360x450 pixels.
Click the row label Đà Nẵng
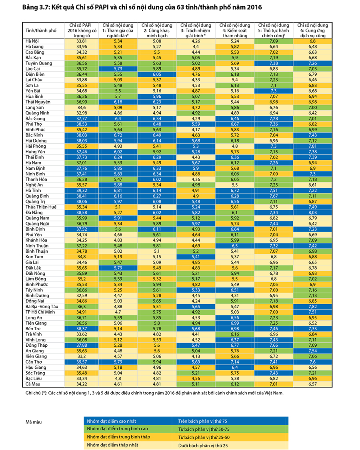point(34,213)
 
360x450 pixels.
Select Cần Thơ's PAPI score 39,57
point(82,362)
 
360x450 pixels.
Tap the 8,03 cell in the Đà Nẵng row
point(312,213)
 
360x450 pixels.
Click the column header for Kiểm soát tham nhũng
point(235,30)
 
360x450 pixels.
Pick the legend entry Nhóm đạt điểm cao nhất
point(112,421)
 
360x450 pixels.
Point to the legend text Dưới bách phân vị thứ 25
point(203,446)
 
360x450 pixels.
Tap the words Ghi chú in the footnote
point(33,393)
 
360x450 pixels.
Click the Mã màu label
point(34,422)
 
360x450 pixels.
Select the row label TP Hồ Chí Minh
point(40,312)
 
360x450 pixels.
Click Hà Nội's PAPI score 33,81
point(82,41)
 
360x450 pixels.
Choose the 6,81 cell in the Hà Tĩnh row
point(118,191)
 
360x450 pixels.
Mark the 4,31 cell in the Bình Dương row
point(235,295)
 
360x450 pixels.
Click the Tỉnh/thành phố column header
point(41,30)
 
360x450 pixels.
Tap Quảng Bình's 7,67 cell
point(274,196)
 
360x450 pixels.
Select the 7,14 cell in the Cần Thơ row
point(235,362)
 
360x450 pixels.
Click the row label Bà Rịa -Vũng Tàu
point(42,307)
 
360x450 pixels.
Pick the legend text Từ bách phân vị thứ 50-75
point(204,429)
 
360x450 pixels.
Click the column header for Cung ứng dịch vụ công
point(313,30)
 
